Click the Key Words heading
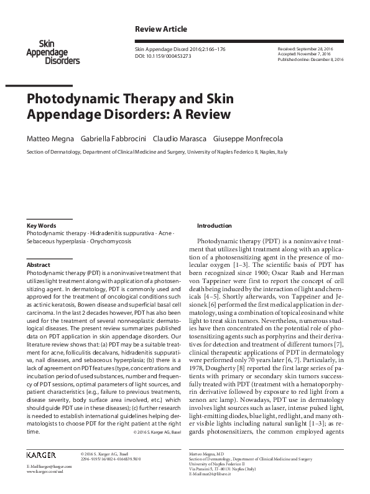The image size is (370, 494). tap(42, 225)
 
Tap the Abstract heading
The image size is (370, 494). tap(39, 264)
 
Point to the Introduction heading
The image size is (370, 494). tap(214, 225)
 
